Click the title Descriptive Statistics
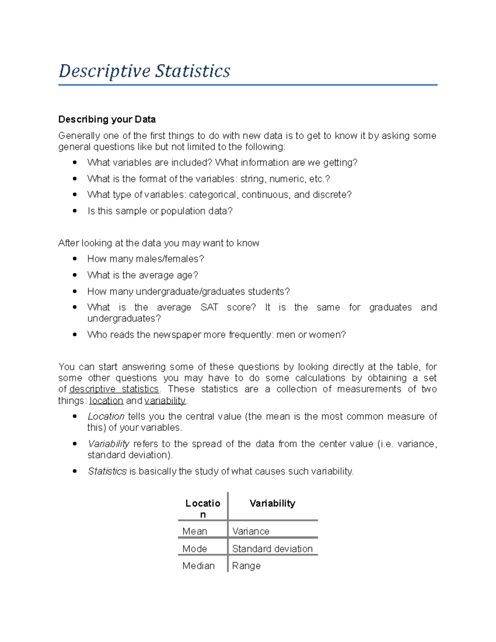144,71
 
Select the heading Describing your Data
107,119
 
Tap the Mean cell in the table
195,531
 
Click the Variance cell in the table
250,531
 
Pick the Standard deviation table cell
272,549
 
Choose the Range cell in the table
246,566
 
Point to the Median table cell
198,566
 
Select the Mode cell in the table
195,549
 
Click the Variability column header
272,503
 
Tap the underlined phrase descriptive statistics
114,389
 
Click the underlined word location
106,401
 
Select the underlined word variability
165,401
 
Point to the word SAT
209,308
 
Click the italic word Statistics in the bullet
107,471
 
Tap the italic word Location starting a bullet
106,416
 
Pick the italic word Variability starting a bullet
108,444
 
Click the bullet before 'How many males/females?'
75,259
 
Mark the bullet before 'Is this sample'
75,211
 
